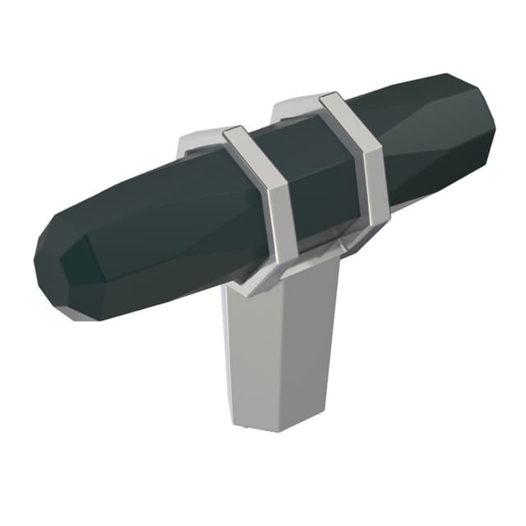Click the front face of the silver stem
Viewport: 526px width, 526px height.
[284, 345]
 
